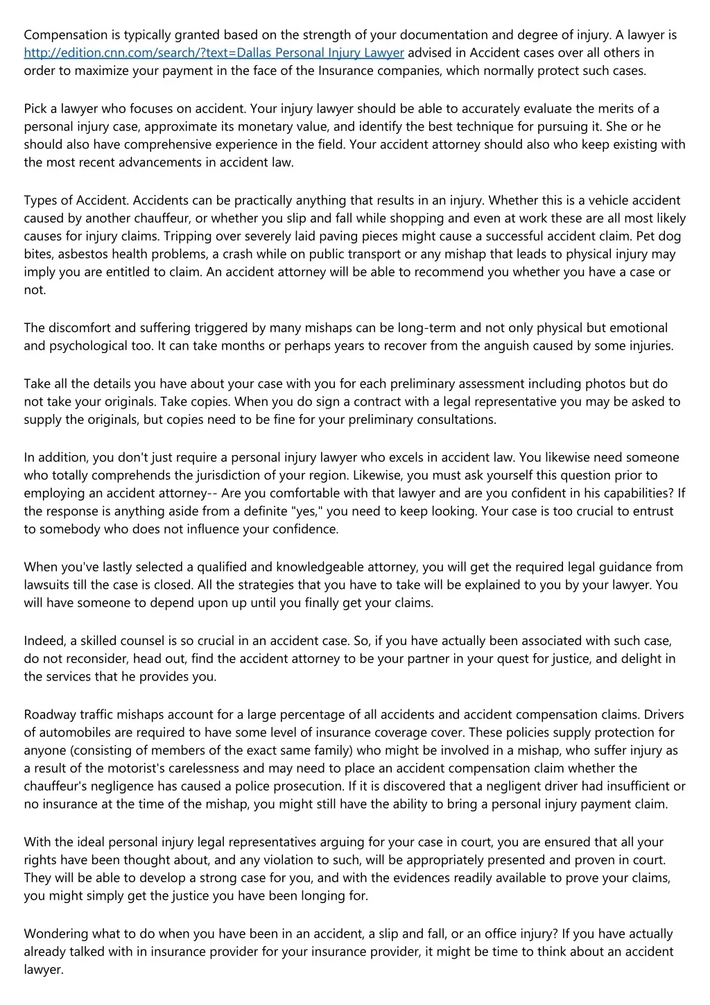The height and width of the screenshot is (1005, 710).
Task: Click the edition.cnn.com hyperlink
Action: tap(214, 53)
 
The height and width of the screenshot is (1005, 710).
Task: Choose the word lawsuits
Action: tap(49, 585)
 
